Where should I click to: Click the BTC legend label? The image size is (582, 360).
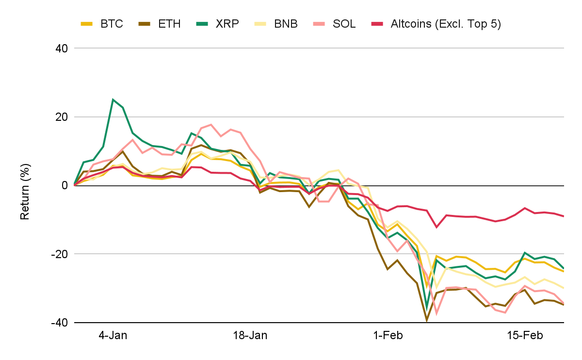click(112, 24)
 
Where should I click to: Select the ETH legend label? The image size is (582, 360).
click(169, 24)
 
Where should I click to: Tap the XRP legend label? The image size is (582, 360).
click(227, 24)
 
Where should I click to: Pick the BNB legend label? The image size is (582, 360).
click(286, 24)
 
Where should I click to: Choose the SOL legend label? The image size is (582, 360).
click(344, 24)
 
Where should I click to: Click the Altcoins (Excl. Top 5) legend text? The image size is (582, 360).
click(446, 24)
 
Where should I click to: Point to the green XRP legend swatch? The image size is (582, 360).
click(202, 24)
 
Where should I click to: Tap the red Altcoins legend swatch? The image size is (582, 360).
click(377, 24)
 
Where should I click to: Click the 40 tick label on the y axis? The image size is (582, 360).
click(62, 49)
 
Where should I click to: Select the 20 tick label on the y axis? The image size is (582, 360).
click(62, 117)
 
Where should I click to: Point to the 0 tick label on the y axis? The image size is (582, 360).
click(65, 185)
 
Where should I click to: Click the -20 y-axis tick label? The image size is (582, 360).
click(60, 254)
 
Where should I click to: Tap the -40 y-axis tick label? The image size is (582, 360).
click(60, 323)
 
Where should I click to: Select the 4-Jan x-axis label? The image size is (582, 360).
click(113, 335)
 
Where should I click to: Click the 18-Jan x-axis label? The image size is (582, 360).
click(250, 335)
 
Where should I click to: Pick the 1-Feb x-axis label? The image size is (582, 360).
click(388, 335)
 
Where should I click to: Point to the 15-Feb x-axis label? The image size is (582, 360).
click(525, 335)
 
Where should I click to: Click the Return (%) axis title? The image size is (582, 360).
click(25, 192)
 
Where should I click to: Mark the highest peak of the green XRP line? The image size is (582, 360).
click(113, 99)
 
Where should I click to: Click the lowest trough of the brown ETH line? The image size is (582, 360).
click(426, 321)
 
